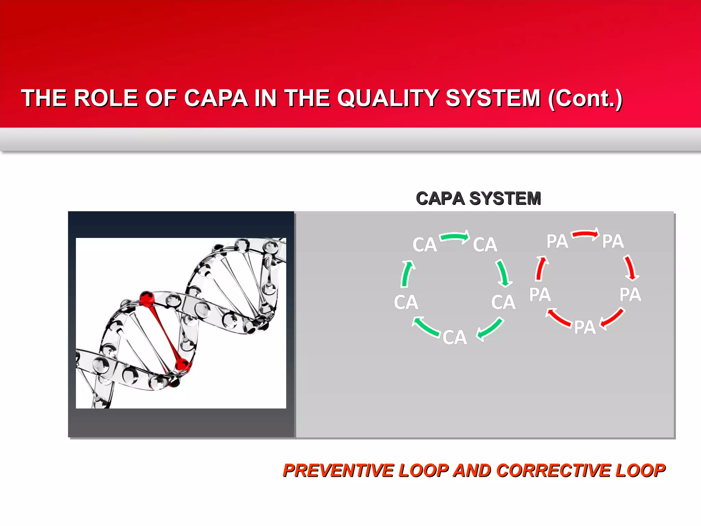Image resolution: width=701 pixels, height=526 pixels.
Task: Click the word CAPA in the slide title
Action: point(216,98)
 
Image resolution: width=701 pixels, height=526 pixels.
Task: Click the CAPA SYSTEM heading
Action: point(478,199)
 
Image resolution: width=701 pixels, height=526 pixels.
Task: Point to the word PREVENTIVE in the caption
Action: point(339,470)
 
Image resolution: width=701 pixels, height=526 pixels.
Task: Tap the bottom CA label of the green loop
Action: point(455,337)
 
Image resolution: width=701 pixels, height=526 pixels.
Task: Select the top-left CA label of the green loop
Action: point(424,245)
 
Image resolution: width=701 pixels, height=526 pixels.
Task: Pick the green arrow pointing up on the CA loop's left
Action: point(407,274)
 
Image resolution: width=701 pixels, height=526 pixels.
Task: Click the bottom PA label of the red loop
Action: point(585,327)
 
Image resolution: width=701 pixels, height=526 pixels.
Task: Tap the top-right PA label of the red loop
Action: point(613,241)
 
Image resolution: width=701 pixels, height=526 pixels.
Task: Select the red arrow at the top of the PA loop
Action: point(585,234)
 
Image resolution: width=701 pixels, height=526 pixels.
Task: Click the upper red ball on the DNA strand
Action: point(147,298)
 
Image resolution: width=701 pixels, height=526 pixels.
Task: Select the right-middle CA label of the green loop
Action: point(503,302)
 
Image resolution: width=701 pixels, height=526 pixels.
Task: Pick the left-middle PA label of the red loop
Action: point(540,295)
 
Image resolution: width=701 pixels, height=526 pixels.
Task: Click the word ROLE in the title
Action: point(106,98)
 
